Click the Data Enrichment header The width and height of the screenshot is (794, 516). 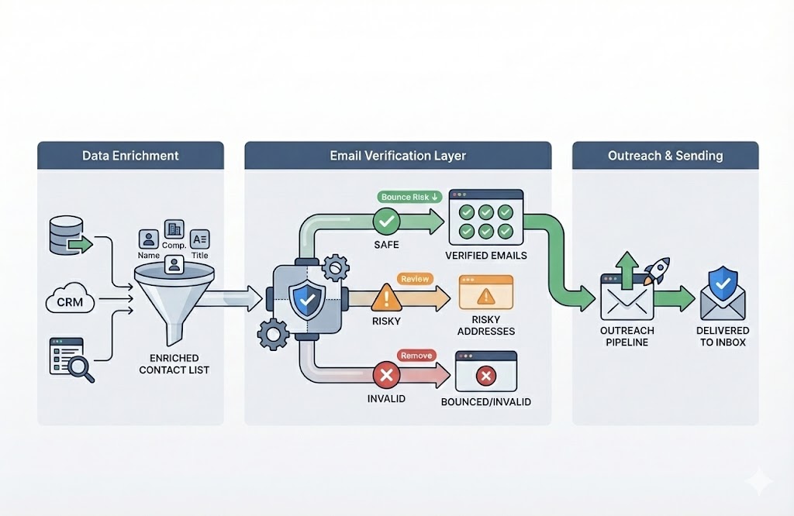click(x=130, y=156)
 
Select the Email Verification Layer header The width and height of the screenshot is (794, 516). click(x=398, y=156)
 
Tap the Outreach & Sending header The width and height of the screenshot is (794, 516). click(x=665, y=156)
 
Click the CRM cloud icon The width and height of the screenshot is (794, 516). click(x=70, y=301)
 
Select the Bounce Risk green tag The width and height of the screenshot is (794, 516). click(x=409, y=197)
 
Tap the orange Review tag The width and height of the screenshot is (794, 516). click(x=415, y=278)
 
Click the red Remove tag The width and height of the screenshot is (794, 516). click(x=416, y=356)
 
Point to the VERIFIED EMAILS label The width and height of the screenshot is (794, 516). click(x=486, y=256)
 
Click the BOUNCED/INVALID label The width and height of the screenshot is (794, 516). click(x=485, y=402)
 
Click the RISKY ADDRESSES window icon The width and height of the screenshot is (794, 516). click(x=486, y=293)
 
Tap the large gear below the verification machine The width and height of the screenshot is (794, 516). click(x=273, y=334)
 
